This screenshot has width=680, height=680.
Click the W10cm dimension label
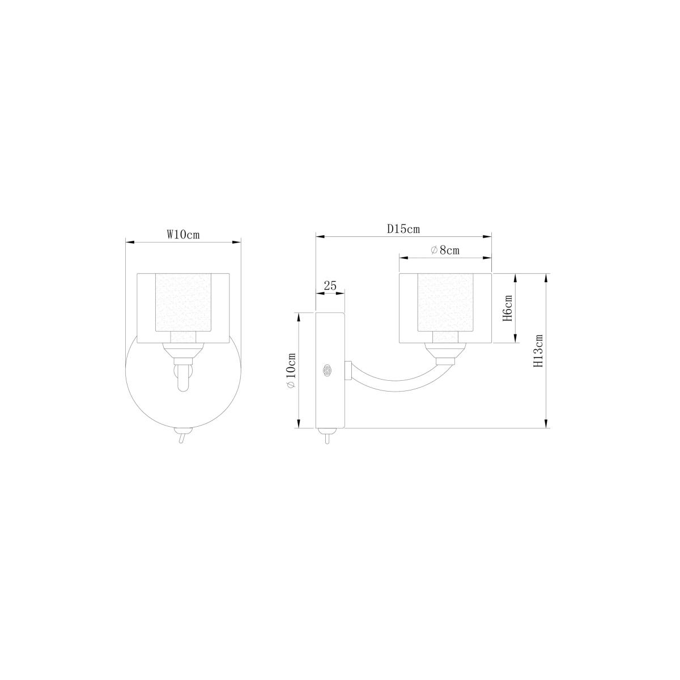(x=183, y=235)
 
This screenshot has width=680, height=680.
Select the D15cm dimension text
(x=403, y=229)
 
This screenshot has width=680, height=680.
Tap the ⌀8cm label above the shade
(x=445, y=250)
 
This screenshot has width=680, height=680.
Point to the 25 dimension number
(x=330, y=286)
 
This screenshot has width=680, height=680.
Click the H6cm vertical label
(x=507, y=308)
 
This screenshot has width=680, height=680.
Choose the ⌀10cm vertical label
(x=291, y=371)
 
